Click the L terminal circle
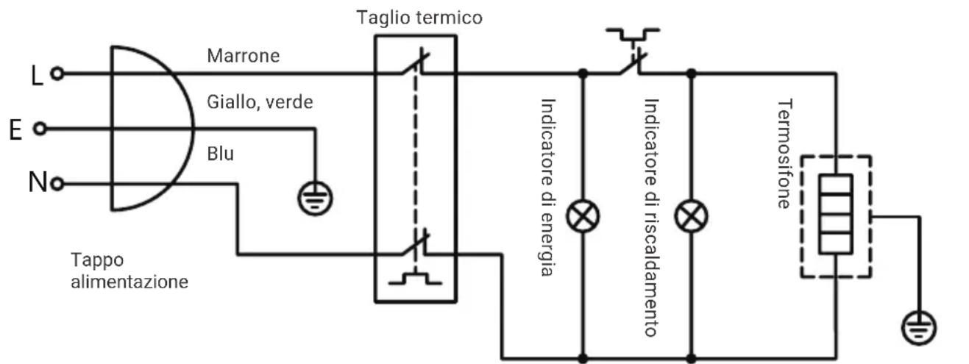(57, 74)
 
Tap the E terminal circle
(40, 129)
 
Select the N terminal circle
(57, 184)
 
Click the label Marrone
(243, 56)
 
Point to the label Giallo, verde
(260, 102)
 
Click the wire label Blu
(220, 154)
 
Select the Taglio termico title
(419, 18)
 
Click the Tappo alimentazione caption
(129, 271)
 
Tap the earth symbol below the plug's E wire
(316, 199)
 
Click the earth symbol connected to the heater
(919, 328)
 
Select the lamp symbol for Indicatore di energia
(583, 216)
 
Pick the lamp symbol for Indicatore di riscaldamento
(691, 216)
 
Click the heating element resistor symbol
(836, 214)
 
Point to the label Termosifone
(785, 154)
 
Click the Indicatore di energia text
(549, 188)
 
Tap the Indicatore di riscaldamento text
(651, 218)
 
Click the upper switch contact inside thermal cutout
(415, 64)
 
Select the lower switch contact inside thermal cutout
(415, 243)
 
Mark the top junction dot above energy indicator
(583, 74)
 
